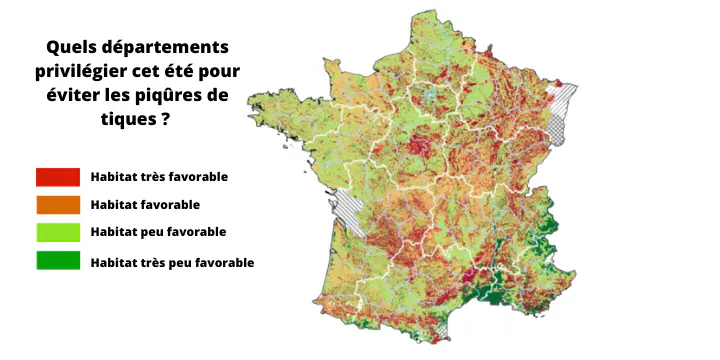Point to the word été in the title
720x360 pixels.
pyautogui.click(x=191, y=71)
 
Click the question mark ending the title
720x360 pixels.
pyautogui.click(x=163, y=119)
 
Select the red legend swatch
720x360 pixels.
pyautogui.click(x=57, y=177)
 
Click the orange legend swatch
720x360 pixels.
pyautogui.click(x=57, y=205)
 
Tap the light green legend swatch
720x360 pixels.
pyautogui.click(x=57, y=233)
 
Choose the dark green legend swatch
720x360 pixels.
pyautogui.click(x=57, y=262)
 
